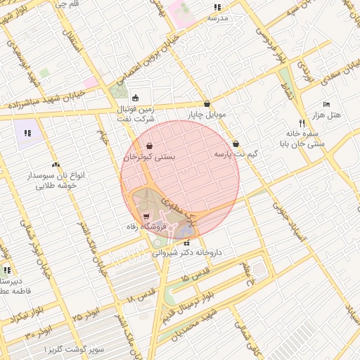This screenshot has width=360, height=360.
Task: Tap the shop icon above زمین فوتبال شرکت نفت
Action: [x=135, y=98]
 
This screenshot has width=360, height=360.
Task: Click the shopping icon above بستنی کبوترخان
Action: [x=149, y=146]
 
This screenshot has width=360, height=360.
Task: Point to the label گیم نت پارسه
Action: [x=236, y=153]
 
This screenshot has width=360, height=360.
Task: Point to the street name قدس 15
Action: [x=195, y=275]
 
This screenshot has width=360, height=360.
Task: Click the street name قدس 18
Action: [x=141, y=295]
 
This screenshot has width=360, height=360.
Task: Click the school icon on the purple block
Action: [x=27, y=132]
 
